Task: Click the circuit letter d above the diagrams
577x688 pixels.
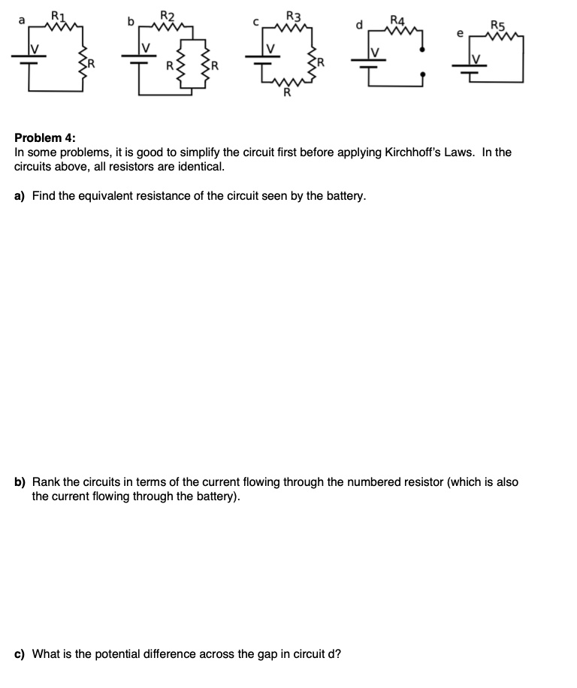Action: [358, 24]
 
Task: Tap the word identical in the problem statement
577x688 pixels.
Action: [203, 167]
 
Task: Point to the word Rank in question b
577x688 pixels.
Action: [47, 482]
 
